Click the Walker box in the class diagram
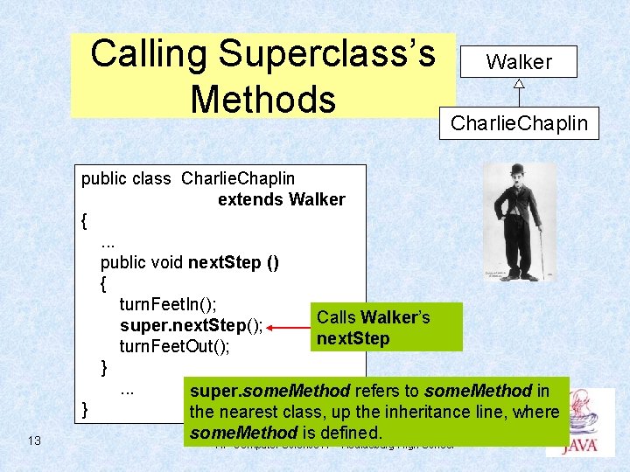pyautogui.click(x=519, y=62)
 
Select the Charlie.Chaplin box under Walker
pyautogui.click(x=519, y=123)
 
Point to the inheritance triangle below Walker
pyautogui.click(x=519, y=85)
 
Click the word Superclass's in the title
pyautogui.click(x=327, y=54)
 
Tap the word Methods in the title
pyautogui.click(x=262, y=99)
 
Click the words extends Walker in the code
pyautogui.click(x=281, y=199)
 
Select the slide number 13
pyautogui.click(x=34, y=441)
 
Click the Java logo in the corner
pyautogui.click(x=579, y=424)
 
